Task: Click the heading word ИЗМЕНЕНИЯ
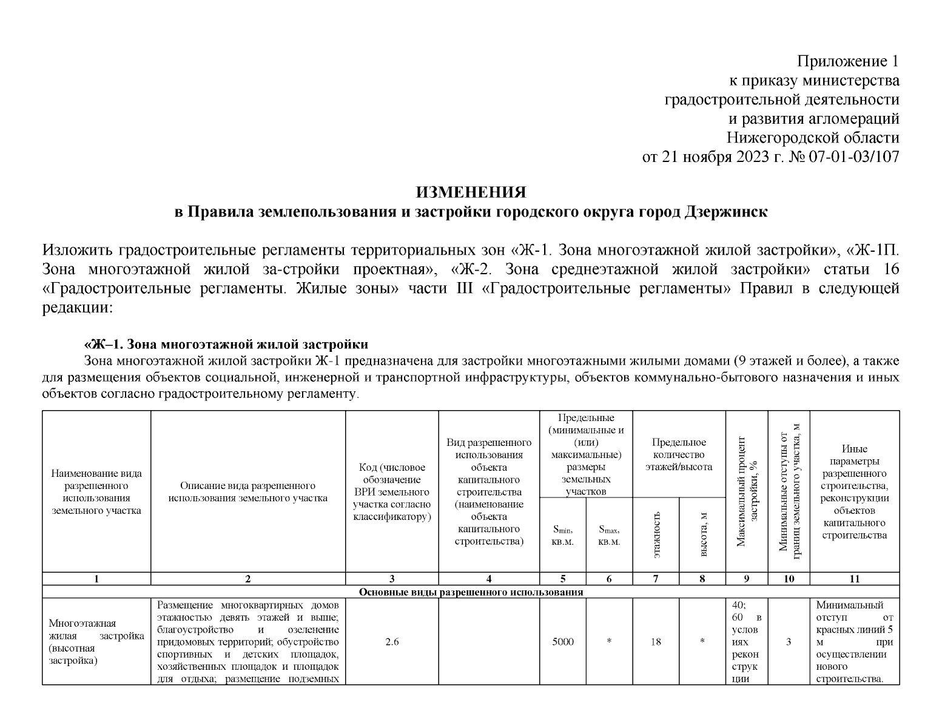[x=471, y=192]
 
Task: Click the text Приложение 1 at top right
[x=847, y=61]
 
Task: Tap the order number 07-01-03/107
[x=853, y=157]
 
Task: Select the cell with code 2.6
[x=392, y=642]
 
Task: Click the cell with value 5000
[x=562, y=642]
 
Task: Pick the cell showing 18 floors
[x=655, y=642]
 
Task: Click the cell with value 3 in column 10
[x=789, y=642]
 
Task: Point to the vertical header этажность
[x=656, y=534]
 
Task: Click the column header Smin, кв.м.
[x=562, y=535]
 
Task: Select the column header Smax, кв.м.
[x=609, y=535]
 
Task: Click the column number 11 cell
[x=854, y=579]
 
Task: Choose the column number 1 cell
[x=96, y=579]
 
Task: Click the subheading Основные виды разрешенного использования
[x=471, y=592]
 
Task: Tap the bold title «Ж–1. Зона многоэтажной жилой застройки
[x=226, y=345]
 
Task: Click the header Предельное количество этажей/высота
[x=679, y=454]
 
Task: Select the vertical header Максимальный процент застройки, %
[x=747, y=491]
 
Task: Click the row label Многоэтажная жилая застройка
[x=96, y=642]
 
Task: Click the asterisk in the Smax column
[x=609, y=642]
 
